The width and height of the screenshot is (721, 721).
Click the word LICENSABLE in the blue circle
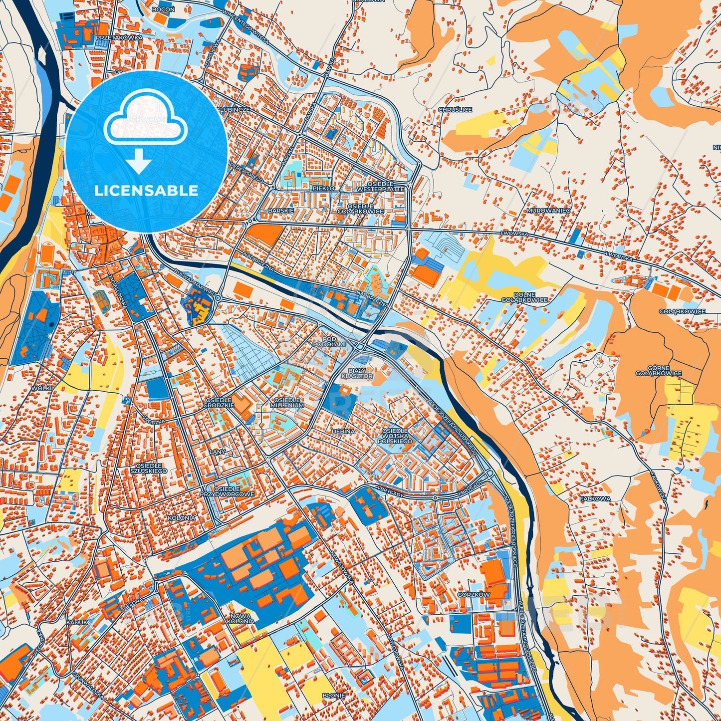coord(146,191)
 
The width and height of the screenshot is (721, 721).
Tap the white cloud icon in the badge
coord(145,120)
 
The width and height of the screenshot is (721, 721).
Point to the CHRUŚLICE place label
coord(455,110)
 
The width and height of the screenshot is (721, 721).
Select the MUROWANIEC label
coord(548,211)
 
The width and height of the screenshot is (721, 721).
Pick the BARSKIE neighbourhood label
coord(281,211)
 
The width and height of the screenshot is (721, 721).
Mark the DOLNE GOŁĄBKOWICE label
coord(524,297)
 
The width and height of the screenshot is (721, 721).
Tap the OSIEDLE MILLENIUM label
coord(288,403)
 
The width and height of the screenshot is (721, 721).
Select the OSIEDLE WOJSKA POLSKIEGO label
coord(395,436)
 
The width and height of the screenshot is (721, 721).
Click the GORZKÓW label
coord(474,595)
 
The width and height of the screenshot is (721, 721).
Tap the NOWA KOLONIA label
coord(240,619)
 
